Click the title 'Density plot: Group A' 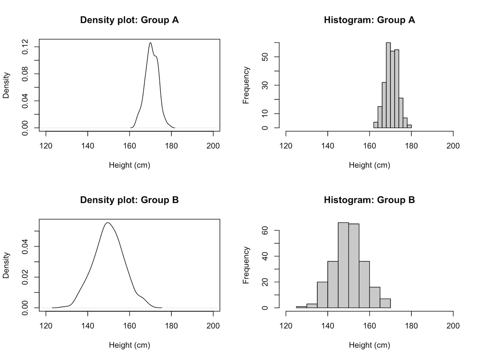[129, 20]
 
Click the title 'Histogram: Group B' [369, 200]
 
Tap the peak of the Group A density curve [150, 43]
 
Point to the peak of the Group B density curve [108, 223]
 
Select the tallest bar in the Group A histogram [388, 85]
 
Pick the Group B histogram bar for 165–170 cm [385, 303]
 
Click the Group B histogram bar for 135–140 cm [322, 295]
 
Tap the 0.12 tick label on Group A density [25, 47]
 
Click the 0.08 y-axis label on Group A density [25, 74]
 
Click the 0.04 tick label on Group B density [25, 246]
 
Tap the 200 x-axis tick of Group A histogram [453, 146]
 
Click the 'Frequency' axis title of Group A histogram [246, 85]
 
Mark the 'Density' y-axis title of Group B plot [6, 265]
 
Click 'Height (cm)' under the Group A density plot [129, 165]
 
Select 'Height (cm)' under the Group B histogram [369, 345]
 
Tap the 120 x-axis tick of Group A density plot [46, 146]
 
